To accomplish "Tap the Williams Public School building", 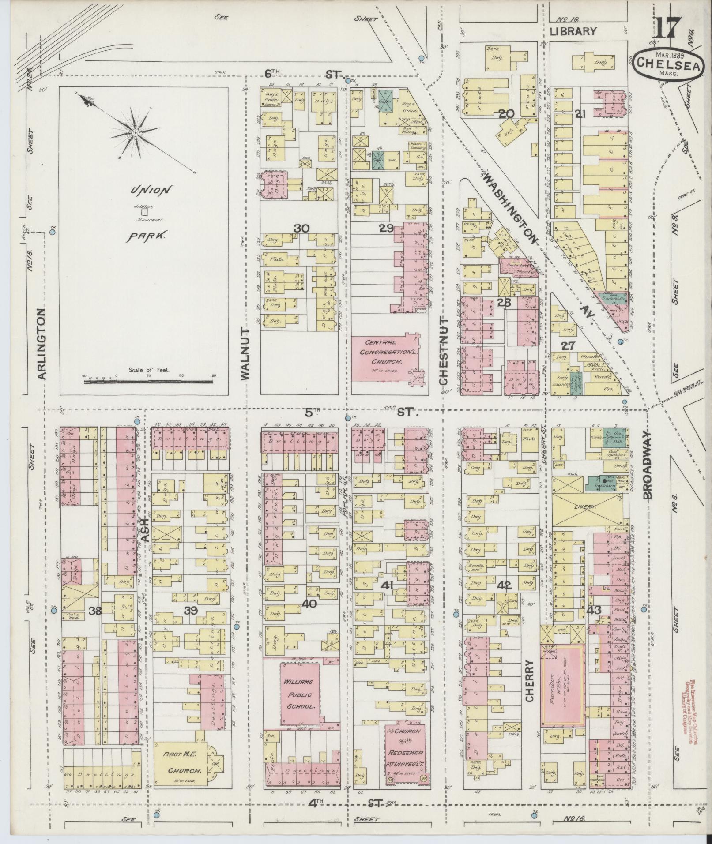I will (x=300, y=700).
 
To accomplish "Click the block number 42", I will (x=504, y=585).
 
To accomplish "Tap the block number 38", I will (x=94, y=611).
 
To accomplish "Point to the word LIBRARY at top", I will (x=573, y=31).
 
